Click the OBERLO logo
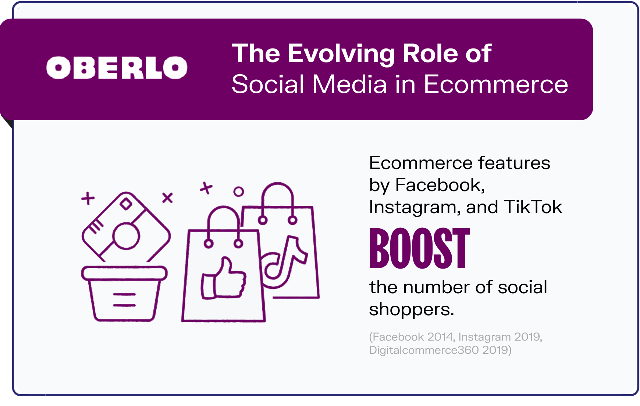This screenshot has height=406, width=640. pos(117,68)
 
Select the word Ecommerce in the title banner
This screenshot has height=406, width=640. pos(496,85)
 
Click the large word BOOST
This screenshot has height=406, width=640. pos(420,249)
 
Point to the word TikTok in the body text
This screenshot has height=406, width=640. pos(533,207)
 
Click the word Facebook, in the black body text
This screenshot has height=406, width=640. pos(440,185)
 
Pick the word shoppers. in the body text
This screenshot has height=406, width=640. pos(412,309)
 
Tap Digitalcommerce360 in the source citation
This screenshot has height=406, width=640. pos(424,350)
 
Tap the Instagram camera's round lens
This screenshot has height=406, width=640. pos(126,236)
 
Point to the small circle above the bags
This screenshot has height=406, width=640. pos(239,191)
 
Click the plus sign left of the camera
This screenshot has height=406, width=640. pos(88,198)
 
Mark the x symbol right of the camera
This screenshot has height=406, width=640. pos(167,198)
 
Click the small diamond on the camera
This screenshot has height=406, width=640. pos(126,204)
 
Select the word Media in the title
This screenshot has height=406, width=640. pos(349,85)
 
